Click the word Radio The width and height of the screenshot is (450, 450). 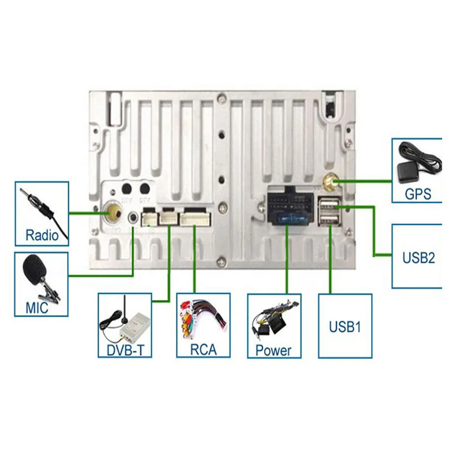pos(42,234)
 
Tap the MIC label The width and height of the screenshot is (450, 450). pos(37,308)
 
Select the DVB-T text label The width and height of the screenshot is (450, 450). pos(125,350)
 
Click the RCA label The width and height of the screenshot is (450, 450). pos(203,350)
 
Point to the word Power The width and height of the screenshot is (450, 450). pos(274,350)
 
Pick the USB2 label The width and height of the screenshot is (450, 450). pos(419,258)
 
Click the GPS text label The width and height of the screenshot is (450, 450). pos(418,195)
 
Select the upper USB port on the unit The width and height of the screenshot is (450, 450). pos(330,203)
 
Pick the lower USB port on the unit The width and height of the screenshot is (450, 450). pos(330,218)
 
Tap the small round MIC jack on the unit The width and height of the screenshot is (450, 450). pos(133,217)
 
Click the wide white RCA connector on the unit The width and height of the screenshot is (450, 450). pos(194,218)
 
